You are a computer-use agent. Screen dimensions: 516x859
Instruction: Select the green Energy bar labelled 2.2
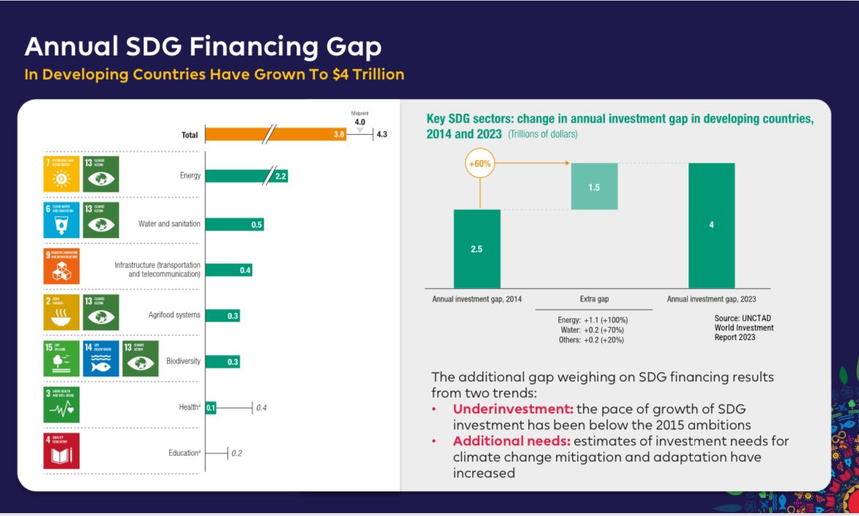pos(246,176)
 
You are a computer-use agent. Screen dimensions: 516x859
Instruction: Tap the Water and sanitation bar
pos(234,224)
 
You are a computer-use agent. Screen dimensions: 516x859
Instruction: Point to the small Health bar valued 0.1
pos(211,408)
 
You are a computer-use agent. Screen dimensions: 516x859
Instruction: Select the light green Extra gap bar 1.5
pos(594,186)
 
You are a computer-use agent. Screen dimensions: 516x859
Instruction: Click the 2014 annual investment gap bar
pos(476,249)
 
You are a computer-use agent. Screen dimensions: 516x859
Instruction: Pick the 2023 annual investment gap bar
pos(711,225)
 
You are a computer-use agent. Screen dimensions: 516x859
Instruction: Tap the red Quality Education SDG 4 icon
pos(61,451)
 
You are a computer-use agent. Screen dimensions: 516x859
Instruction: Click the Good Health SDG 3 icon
pos(61,405)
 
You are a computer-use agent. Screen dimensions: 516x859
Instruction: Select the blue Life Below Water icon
pos(101,359)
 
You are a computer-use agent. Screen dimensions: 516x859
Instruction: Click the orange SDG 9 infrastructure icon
pos(61,266)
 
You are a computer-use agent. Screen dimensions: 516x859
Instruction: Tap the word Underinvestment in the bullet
pos(498,410)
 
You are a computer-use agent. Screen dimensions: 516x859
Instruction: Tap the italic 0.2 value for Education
pos(237,453)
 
